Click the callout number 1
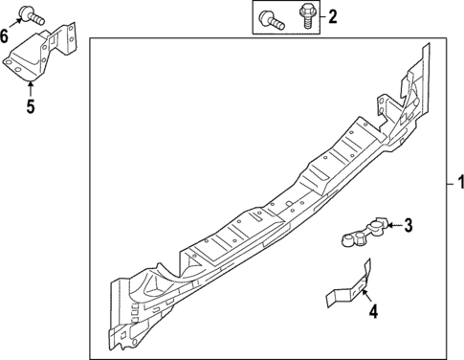pyautogui.click(x=458, y=183)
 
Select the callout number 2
pyautogui.click(x=332, y=15)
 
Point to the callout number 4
pyautogui.click(x=374, y=311)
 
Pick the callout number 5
pyautogui.click(x=30, y=105)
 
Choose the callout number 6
pyautogui.click(x=6, y=36)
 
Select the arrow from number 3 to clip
pyautogui.click(x=390, y=226)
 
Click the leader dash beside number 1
pyautogui.click(x=446, y=183)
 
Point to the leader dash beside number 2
pyautogui.click(x=320, y=15)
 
